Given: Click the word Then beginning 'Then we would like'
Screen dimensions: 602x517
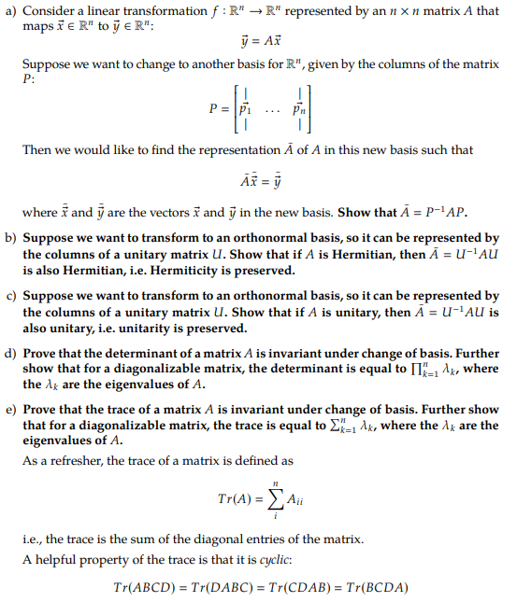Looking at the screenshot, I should point(36,149).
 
